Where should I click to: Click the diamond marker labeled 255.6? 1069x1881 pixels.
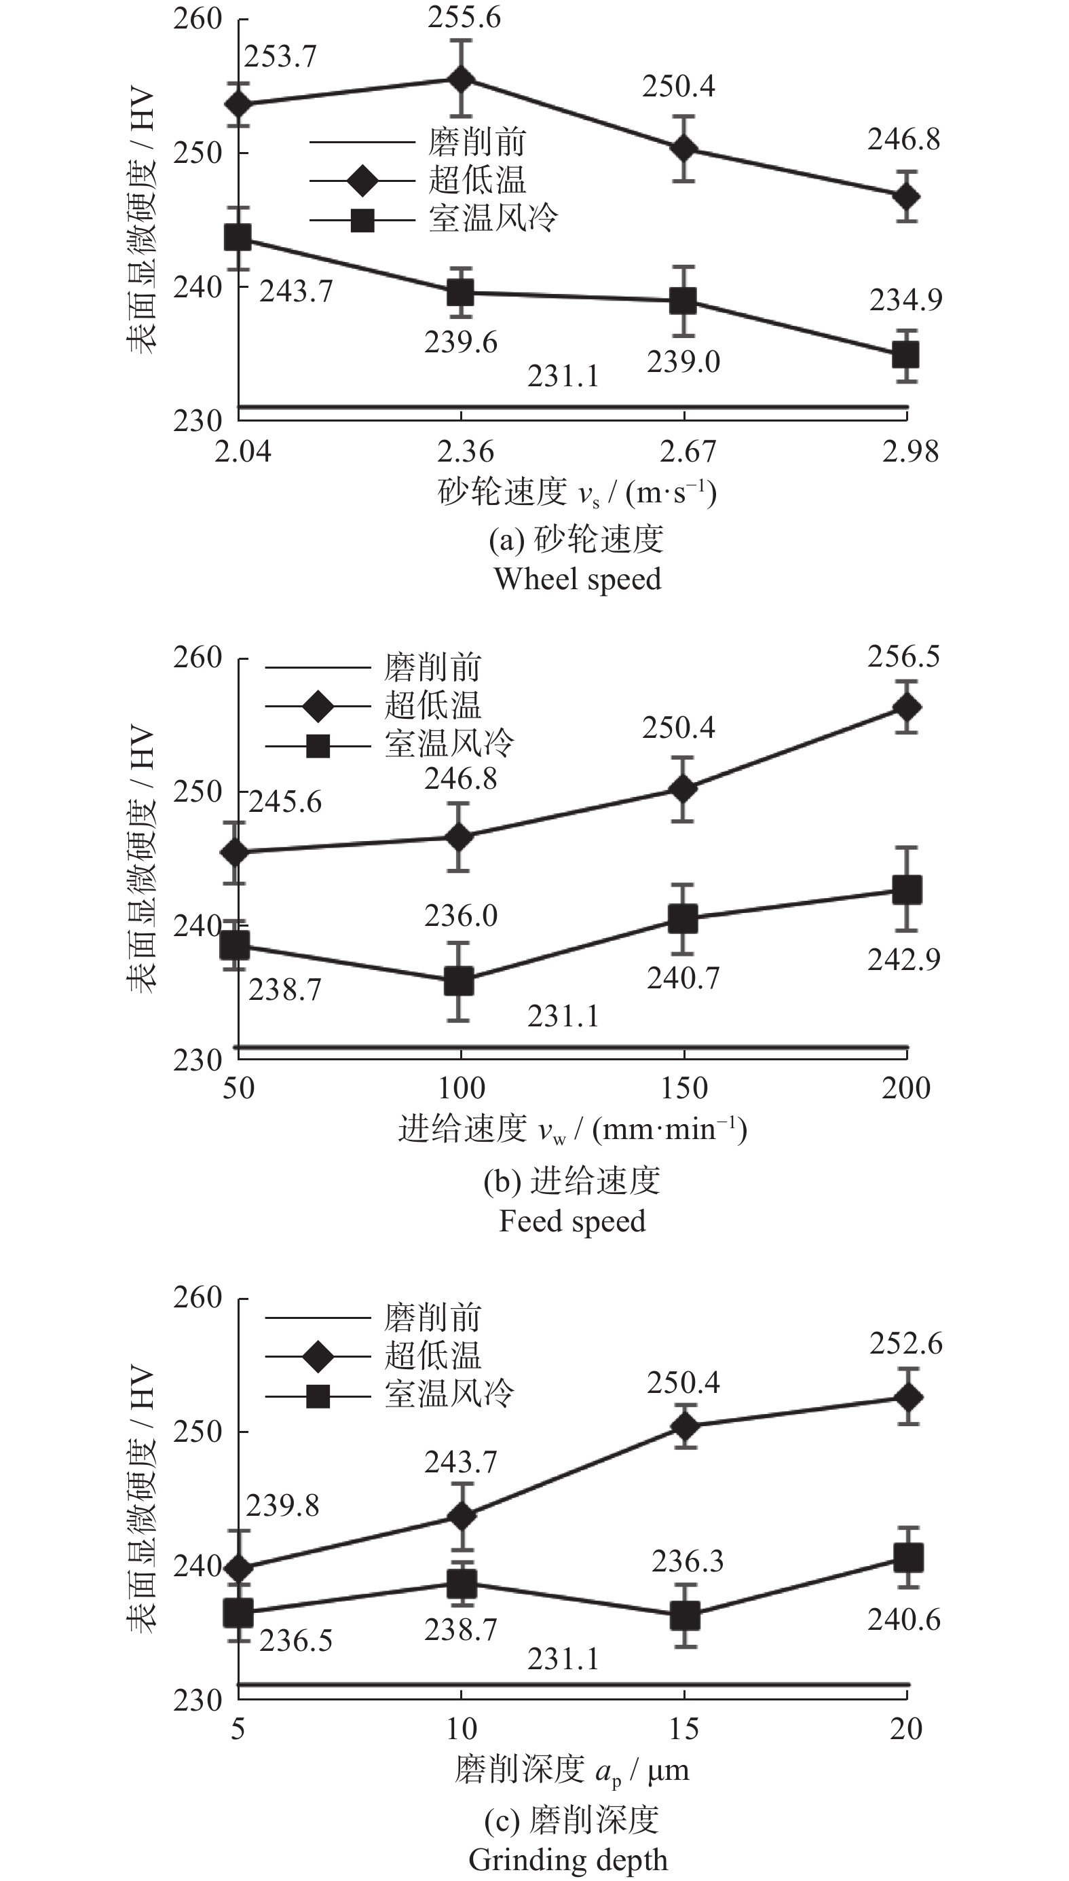click(x=461, y=79)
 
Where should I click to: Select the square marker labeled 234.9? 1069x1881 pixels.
click(x=906, y=355)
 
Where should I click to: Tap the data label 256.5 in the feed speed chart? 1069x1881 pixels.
click(x=903, y=656)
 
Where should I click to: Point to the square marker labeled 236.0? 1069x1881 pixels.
click(x=459, y=981)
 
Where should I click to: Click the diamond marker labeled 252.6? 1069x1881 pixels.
click(x=908, y=1397)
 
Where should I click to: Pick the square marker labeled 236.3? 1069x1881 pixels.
click(x=684, y=1616)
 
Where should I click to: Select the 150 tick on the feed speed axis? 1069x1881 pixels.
click(x=684, y=1088)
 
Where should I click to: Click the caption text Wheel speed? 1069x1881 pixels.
click(x=577, y=579)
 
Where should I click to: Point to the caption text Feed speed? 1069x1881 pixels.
click(x=572, y=1221)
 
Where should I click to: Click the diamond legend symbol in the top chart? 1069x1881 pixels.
click(x=362, y=181)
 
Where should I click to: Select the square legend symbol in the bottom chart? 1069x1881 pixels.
click(x=318, y=1393)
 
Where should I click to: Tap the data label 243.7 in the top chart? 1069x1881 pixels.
click(x=295, y=291)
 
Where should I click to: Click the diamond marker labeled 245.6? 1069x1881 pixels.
click(x=235, y=853)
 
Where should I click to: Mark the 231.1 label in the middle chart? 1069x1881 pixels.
click(x=563, y=1016)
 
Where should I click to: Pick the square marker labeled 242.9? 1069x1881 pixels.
click(x=907, y=890)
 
